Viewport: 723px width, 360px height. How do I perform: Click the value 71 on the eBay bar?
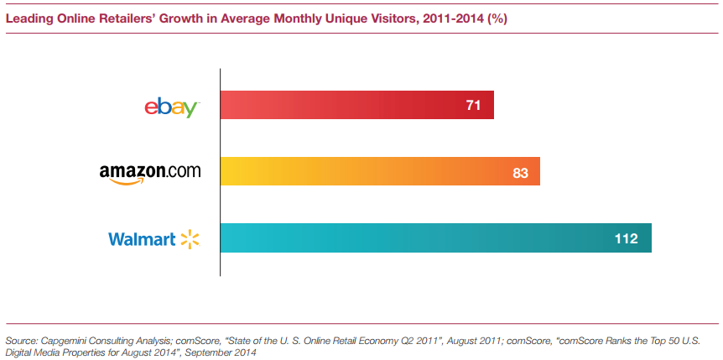pyautogui.click(x=472, y=106)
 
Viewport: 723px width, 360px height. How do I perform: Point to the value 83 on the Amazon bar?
pyautogui.click(x=519, y=173)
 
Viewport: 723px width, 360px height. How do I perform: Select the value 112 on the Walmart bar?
pyautogui.click(x=626, y=239)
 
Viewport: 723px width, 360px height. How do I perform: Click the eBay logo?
pyautogui.click(x=171, y=107)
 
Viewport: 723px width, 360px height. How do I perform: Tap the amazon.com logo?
pyautogui.click(x=150, y=173)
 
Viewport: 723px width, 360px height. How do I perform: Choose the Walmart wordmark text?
pyautogui.click(x=142, y=239)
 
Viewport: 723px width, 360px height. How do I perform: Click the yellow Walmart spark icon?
pyautogui.click(x=190, y=239)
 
